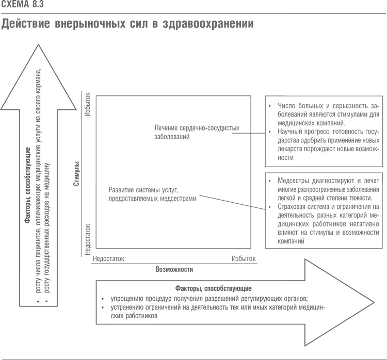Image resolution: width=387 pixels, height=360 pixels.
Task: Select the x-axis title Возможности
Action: pos(174,269)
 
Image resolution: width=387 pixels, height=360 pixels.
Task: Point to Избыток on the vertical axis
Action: pos(87,105)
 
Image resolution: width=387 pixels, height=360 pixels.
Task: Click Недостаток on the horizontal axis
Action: pos(108,258)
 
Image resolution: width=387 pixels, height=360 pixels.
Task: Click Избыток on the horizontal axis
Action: pos(244,258)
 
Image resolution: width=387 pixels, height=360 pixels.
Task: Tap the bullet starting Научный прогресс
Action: pos(325,145)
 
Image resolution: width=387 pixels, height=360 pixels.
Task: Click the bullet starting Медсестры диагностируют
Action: pos(325,190)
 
